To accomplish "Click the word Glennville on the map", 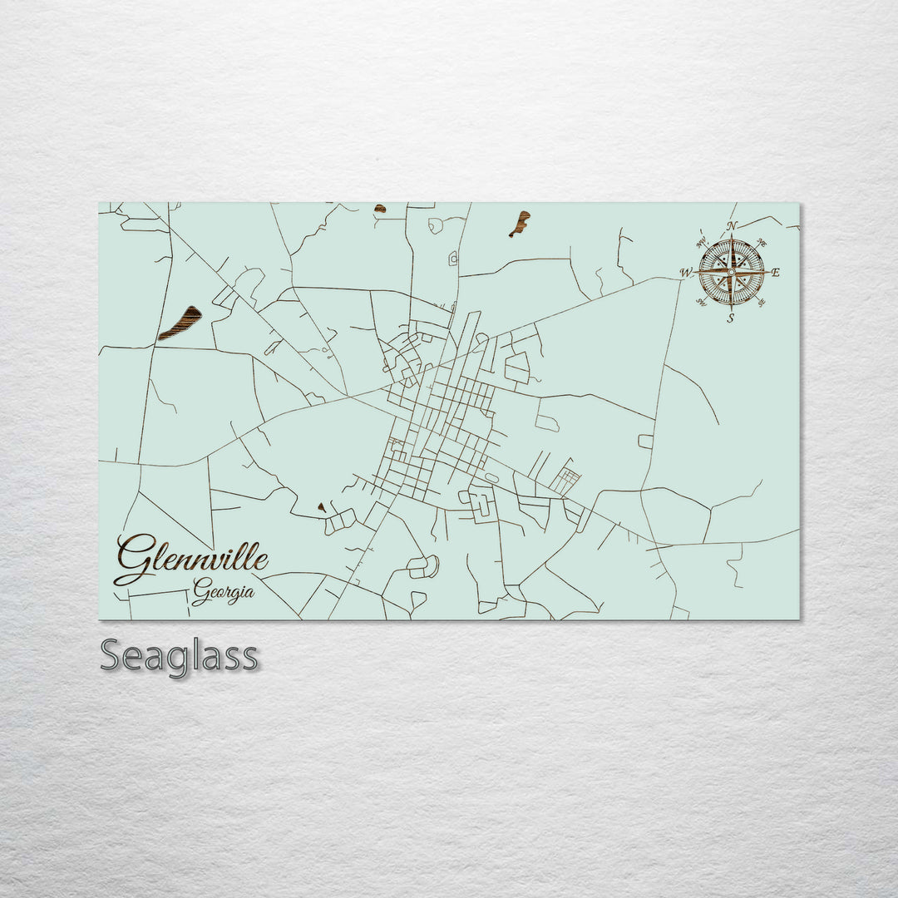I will pos(193,559).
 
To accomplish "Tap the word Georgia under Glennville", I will pos(223,592).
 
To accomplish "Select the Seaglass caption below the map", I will pos(179,656).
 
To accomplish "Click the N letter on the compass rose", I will pos(732,226).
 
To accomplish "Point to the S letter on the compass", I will pos(731,318).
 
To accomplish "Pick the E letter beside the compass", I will pos(776,272).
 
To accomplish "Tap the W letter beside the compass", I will pos(686,272).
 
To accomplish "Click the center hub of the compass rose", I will pos(731,271).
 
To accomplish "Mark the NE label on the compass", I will pos(762,243).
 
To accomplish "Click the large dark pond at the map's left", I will pos(180,323).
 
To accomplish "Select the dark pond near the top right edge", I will pos(520,223).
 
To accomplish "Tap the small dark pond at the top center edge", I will pos(380,208).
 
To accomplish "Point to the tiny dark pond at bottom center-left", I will pos(322,506).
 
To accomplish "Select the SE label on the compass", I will pos(762,303).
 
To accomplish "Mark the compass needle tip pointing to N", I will pos(732,237).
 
